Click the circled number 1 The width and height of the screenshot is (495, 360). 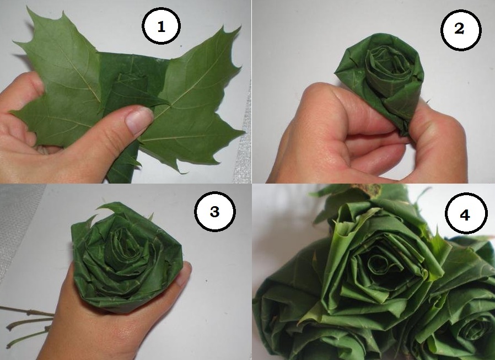(161, 26)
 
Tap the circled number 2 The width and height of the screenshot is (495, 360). (461, 29)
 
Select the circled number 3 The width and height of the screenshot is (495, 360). (214, 211)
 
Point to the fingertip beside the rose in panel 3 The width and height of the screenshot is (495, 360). (185, 273)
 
